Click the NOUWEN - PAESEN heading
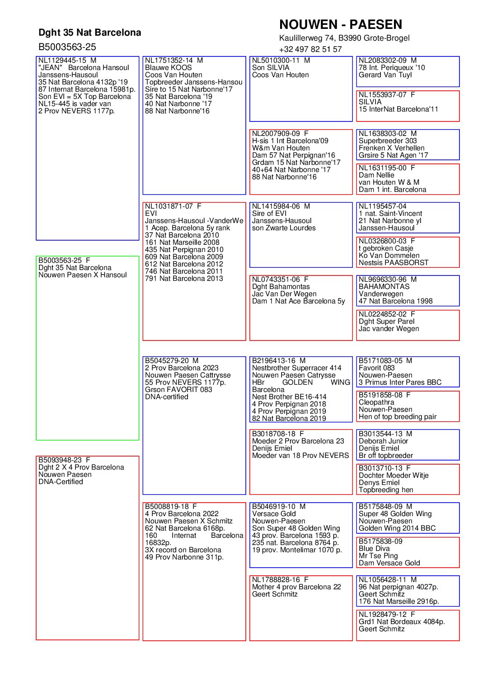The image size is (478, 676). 340,24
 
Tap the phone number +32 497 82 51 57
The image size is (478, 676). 310,49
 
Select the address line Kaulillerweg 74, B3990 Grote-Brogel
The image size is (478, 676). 344,38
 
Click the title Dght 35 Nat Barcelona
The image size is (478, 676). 89,33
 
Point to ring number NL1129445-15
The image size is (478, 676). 62,61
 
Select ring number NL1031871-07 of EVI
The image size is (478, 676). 169,206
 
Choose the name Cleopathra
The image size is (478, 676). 376,402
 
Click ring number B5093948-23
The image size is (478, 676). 60,460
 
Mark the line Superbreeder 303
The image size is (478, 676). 388,141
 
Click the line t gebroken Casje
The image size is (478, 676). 386,248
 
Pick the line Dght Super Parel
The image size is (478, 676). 386,322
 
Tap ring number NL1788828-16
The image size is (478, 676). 276,580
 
